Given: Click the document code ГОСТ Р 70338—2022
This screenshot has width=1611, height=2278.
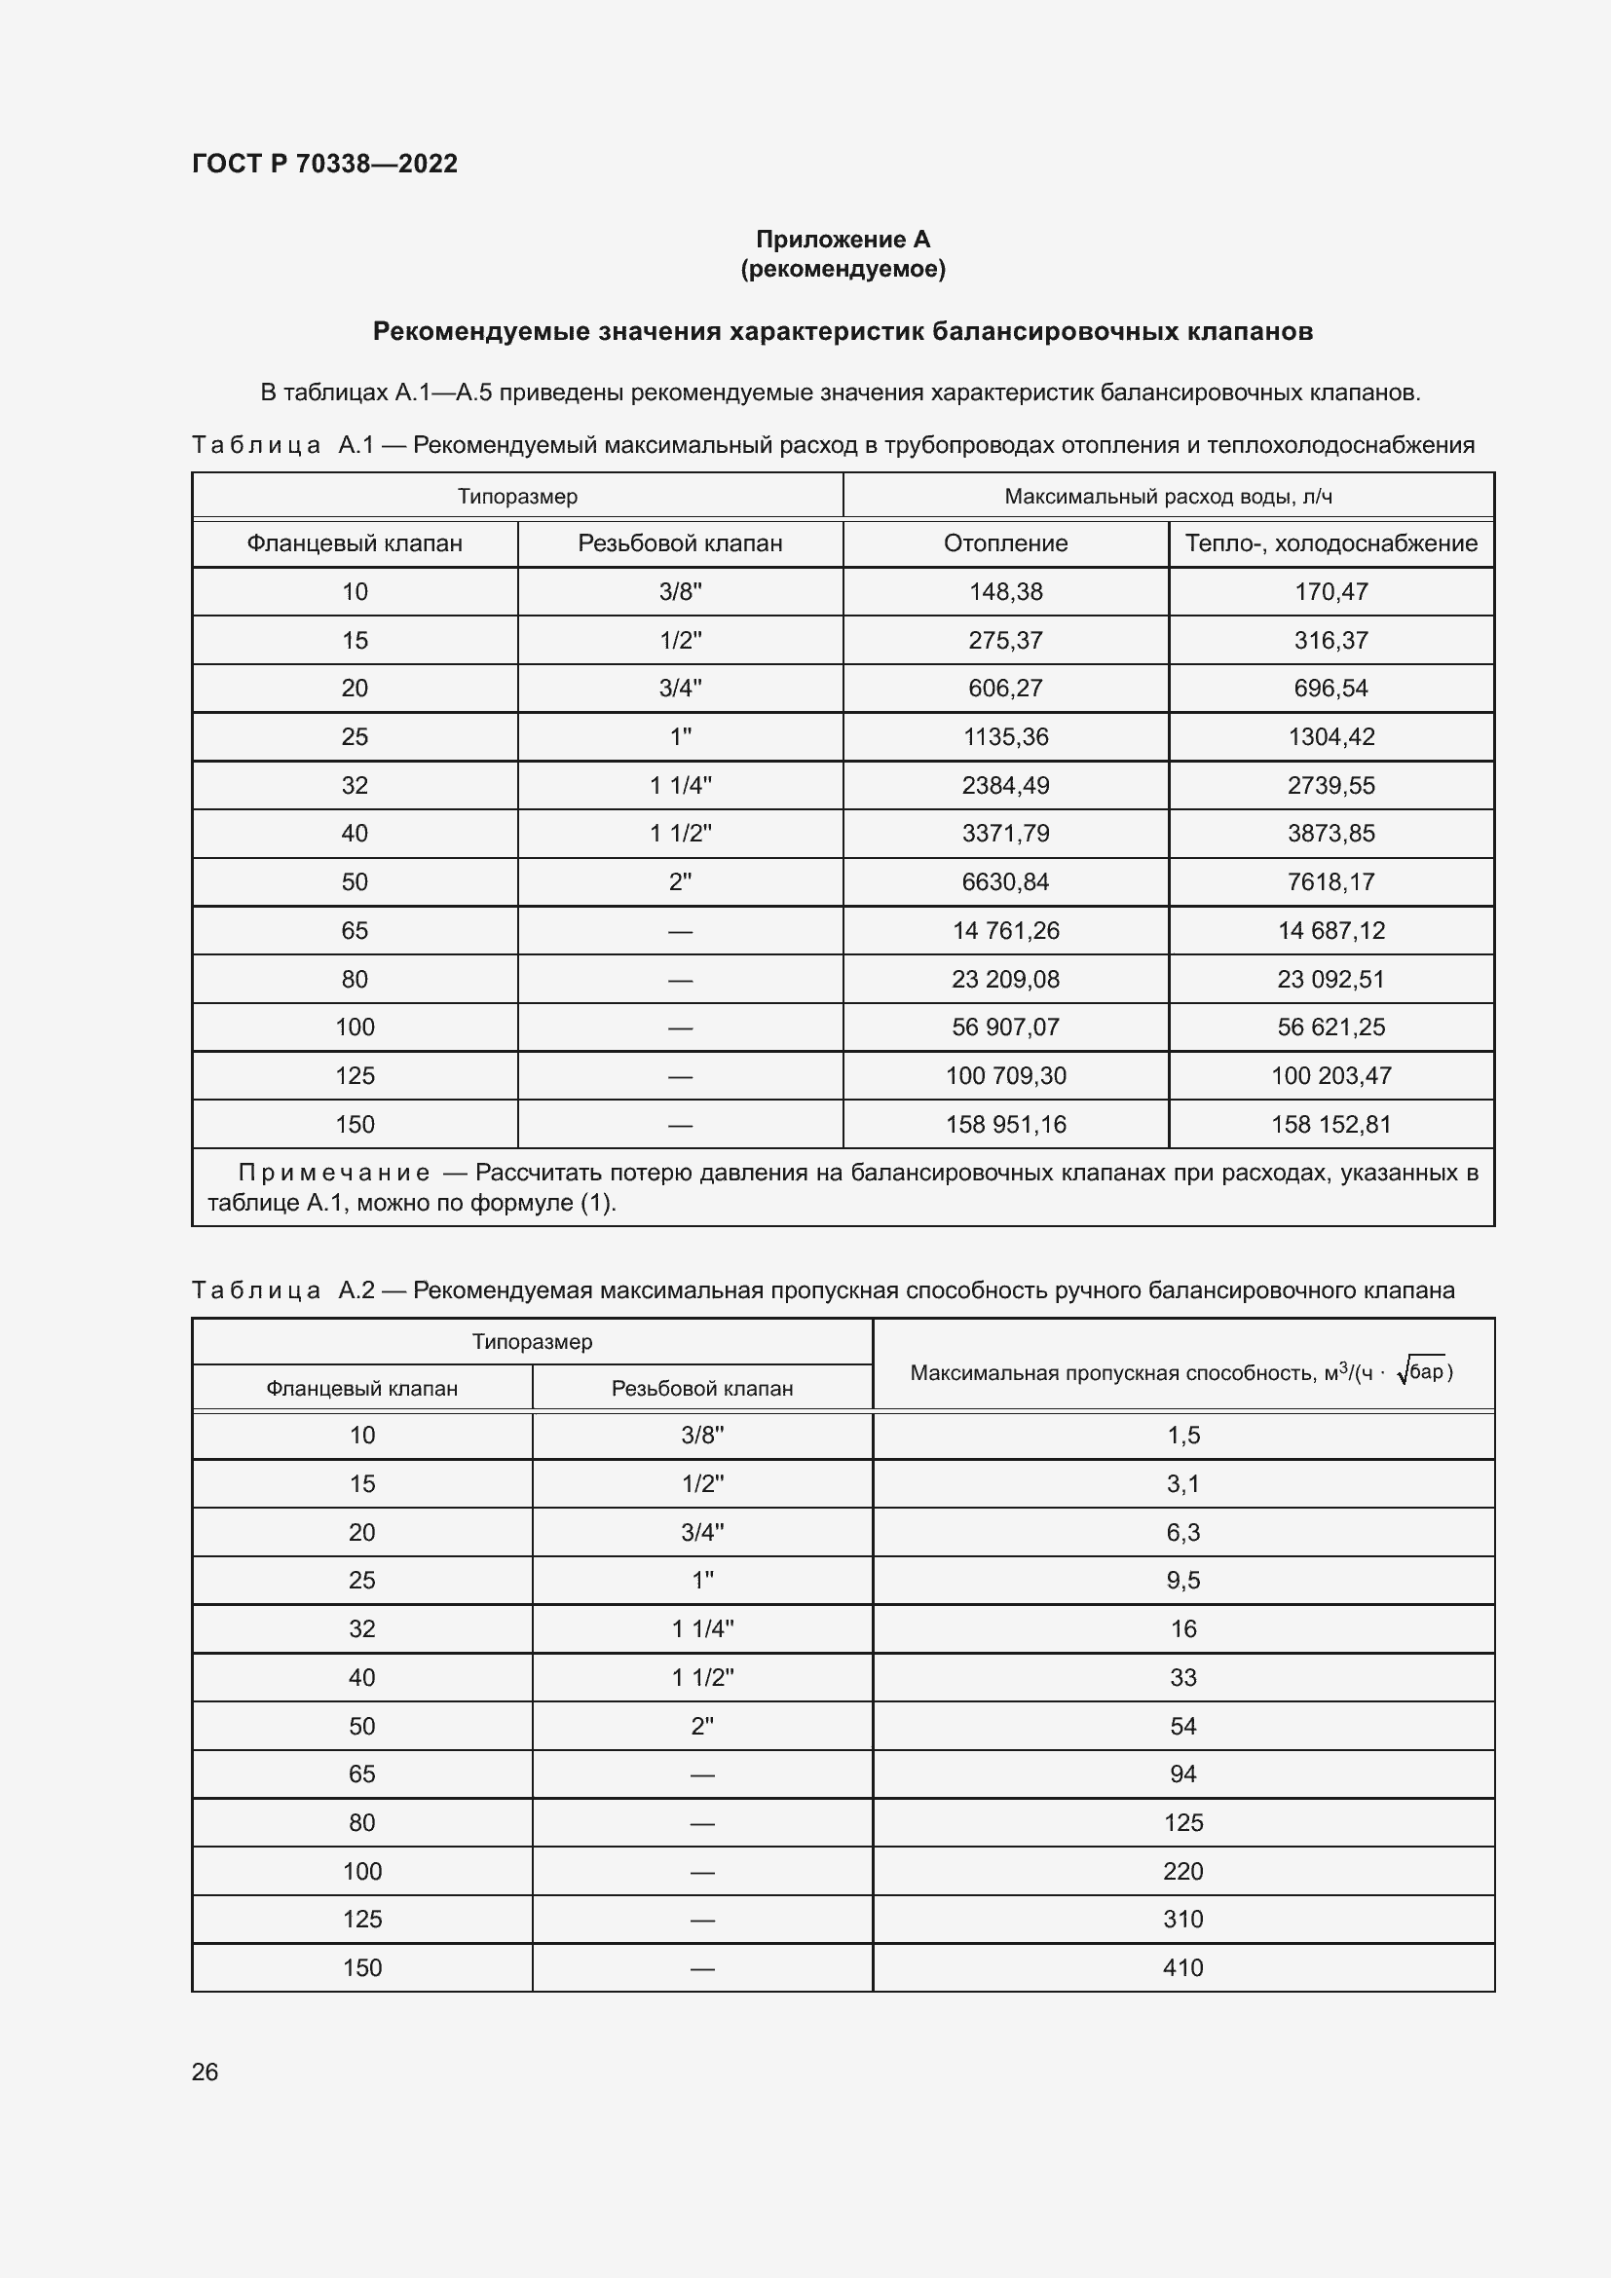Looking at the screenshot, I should coord(324,164).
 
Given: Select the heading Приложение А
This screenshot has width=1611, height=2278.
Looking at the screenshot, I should coord(843,240).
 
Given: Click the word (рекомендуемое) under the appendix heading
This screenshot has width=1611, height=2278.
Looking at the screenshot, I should coord(843,269).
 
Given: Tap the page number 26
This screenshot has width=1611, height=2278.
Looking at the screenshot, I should coord(205,2072).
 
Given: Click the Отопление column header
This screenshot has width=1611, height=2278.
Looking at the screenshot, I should coord(1005,542).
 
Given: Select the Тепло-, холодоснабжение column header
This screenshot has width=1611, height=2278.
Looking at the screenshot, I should coord(1330,542).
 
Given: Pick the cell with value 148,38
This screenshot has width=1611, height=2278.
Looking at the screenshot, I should coord(1005,591).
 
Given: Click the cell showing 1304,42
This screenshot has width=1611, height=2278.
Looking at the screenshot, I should coord(1330,736).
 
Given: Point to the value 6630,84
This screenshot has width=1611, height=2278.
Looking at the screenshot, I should coord(1005,881).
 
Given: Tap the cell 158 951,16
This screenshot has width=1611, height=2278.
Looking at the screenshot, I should coord(1005,1124).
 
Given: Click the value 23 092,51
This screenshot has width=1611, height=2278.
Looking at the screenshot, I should coord(1330,979).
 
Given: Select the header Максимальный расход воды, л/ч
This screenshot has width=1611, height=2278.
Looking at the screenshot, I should coord(1168,496).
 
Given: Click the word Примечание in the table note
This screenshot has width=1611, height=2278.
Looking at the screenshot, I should coord(333,1173).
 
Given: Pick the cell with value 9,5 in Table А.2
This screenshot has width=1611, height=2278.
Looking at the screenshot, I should coord(1182,1580).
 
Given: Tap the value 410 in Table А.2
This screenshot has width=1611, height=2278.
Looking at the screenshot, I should coord(1182,1967).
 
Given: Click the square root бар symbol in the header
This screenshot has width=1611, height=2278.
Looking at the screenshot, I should coord(1421,1372).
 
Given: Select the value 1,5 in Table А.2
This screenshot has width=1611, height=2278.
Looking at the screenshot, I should coord(1182,1435).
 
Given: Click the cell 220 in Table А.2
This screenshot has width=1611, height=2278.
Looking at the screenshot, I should coord(1182,1871).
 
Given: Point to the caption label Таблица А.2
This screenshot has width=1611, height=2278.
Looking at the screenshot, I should coord(282,1289).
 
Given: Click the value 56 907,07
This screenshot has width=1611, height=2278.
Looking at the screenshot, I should coord(1005,1027).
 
